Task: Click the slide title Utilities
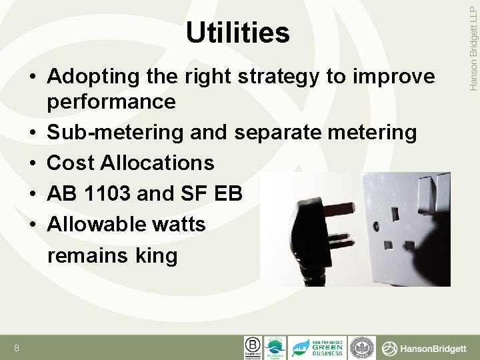(x=238, y=33)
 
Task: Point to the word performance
(x=111, y=102)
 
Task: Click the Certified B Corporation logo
(x=253, y=347)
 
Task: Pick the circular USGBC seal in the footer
(x=363, y=347)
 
